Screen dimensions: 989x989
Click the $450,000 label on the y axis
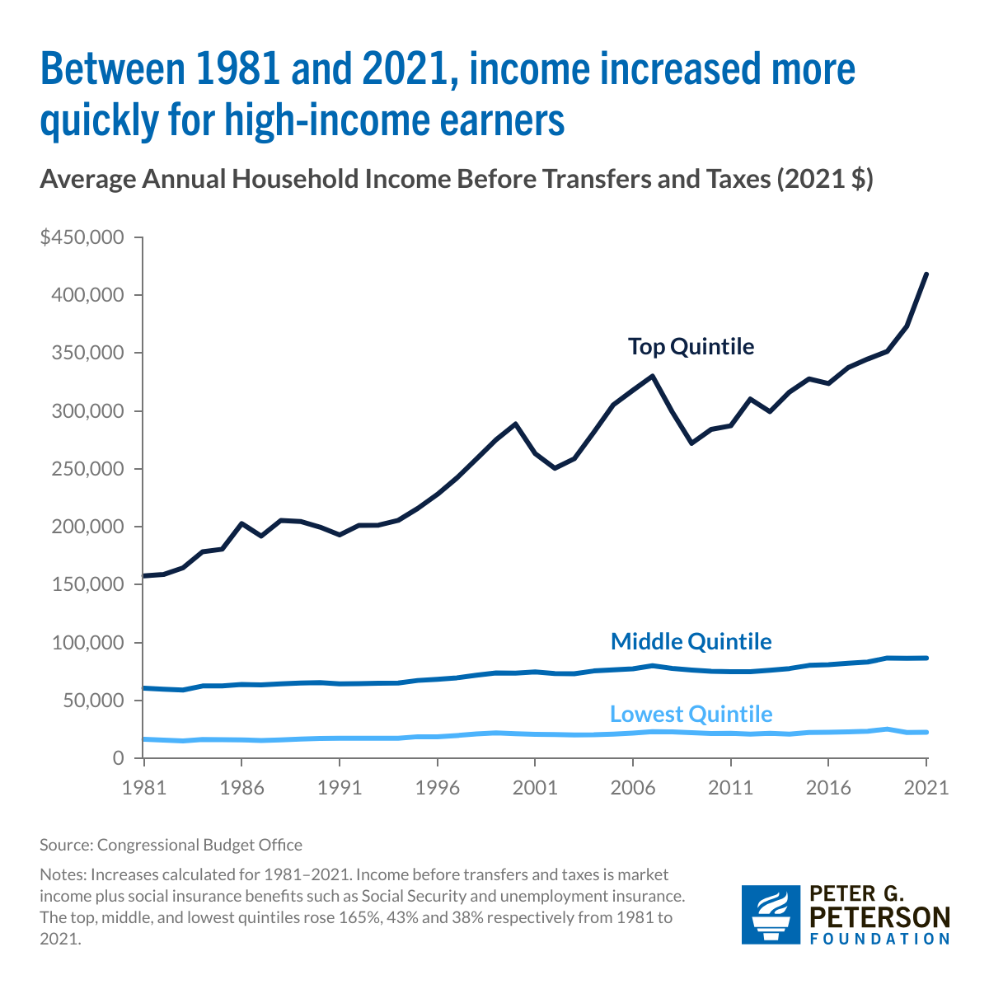82,238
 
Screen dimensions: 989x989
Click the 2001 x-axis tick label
535,787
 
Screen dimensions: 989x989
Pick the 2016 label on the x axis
828,787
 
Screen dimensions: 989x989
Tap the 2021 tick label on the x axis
926,787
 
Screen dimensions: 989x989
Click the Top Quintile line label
691,346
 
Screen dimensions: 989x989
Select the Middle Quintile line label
691,641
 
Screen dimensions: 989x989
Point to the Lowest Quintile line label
691,713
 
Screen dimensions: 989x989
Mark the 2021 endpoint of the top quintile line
926,274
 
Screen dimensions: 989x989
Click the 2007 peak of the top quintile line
653,377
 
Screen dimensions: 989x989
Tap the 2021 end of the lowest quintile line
926,732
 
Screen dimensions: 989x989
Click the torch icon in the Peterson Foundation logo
771,915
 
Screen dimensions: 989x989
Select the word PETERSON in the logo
880,917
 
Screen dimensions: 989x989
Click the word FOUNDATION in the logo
880,939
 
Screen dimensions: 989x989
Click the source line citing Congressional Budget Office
171,845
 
